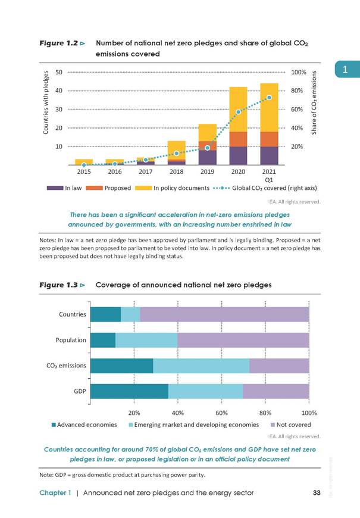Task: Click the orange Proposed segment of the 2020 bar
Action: [x=238, y=139]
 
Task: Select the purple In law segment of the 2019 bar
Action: [x=208, y=158]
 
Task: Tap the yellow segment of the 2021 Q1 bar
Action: [x=269, y=107]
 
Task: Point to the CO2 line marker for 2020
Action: [x=238, y=112]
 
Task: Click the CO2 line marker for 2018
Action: [x=177, y=153]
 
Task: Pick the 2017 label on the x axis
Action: [x=146, y=172]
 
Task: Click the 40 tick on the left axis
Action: [x=59, y=91]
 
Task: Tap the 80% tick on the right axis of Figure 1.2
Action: [x=297, y=91]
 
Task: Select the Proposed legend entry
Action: [x=108, y=188]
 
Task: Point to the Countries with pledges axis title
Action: [x=46, y=103]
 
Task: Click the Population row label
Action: [x=71, y=340]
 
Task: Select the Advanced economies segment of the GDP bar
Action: [x=129, y=391]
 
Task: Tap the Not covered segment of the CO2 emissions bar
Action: [x=280, y=366]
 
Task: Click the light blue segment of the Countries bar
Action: [x=130, y=314]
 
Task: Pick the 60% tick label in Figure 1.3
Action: [x=221, y=413]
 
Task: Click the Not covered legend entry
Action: [x=290, y=425]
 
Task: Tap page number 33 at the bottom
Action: [x=317, y=493]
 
